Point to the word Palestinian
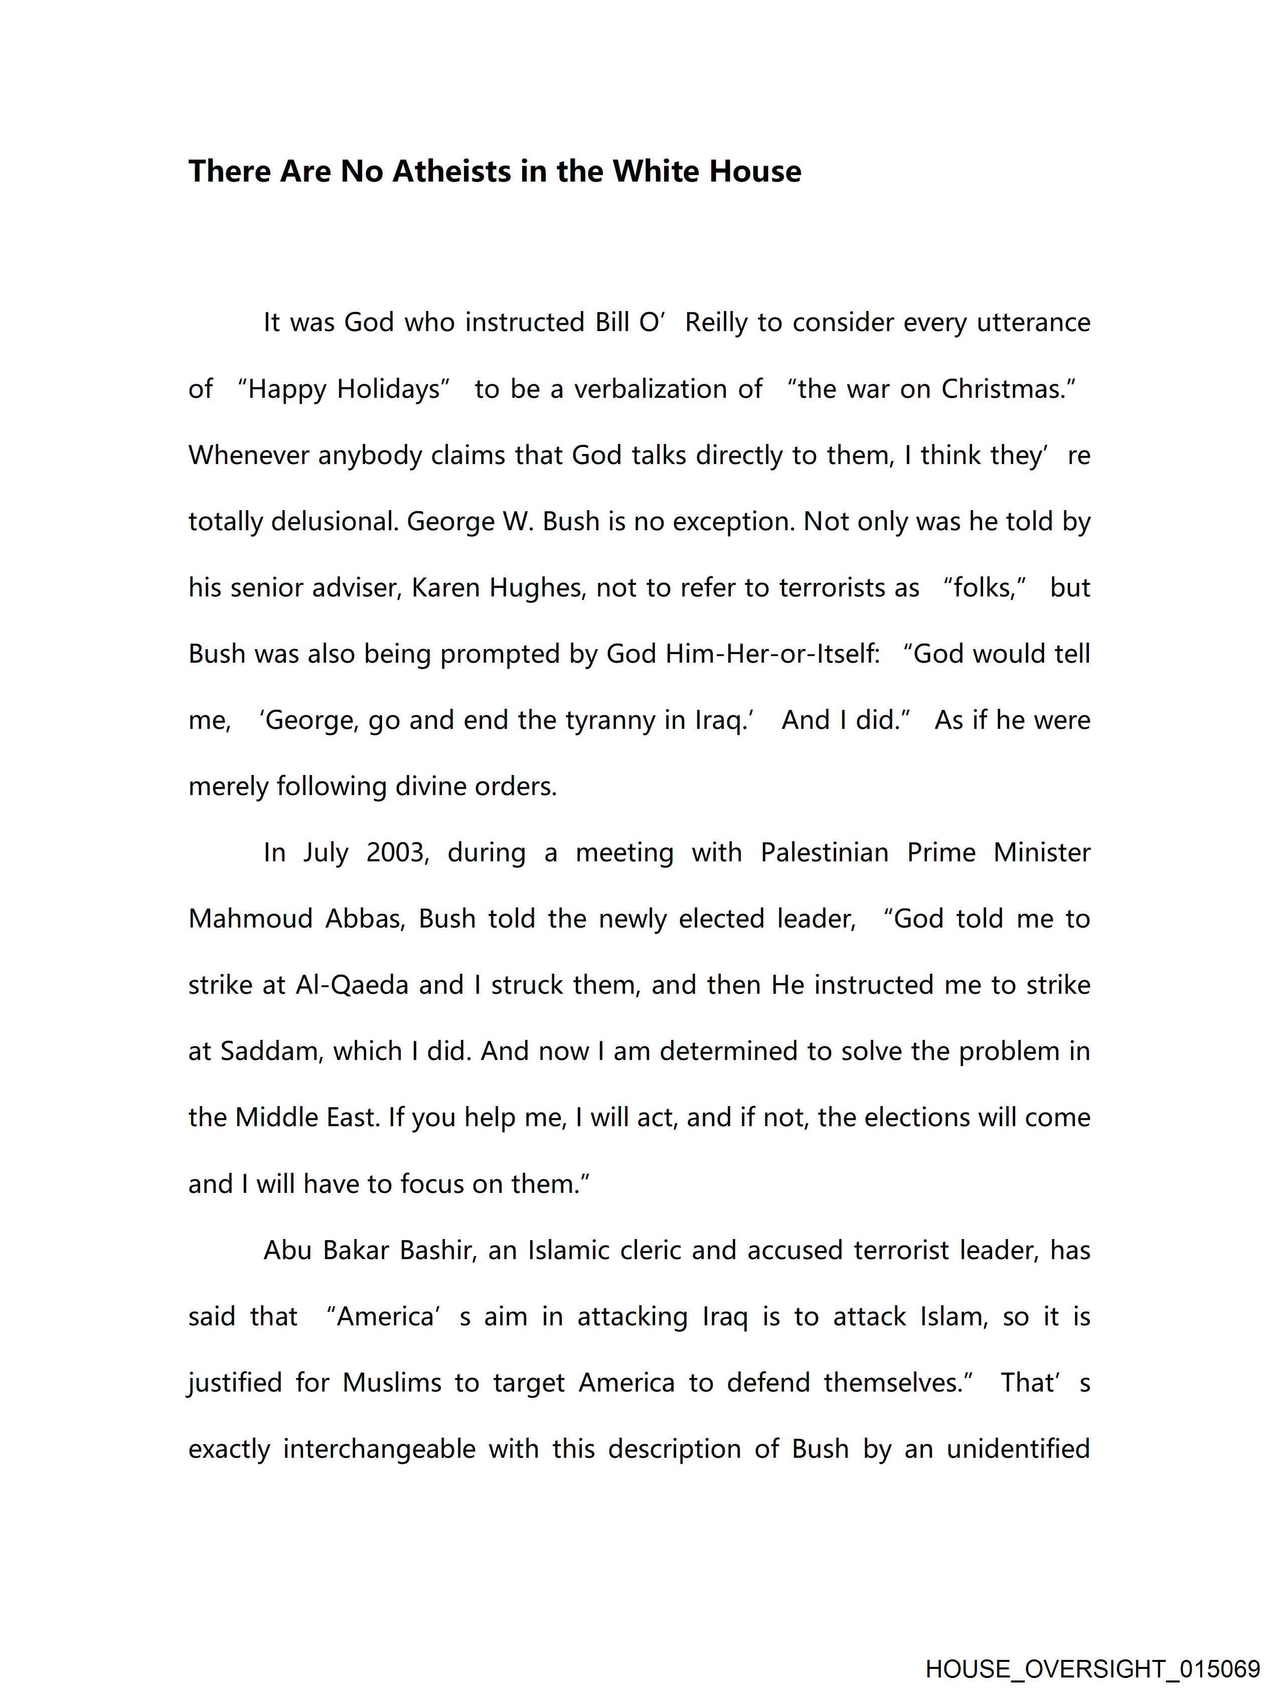825,853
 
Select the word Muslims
392,1383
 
